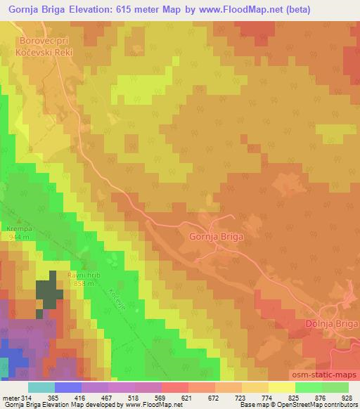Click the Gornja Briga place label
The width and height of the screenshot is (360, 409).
[216, 237]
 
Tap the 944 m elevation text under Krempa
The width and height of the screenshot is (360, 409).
[18, 239]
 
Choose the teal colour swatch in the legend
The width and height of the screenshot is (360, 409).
[41, 387]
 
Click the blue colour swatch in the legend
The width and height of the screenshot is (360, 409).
[68, 387]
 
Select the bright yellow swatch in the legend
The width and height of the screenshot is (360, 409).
[282, 387]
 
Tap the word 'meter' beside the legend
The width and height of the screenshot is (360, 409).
[10, 398]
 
